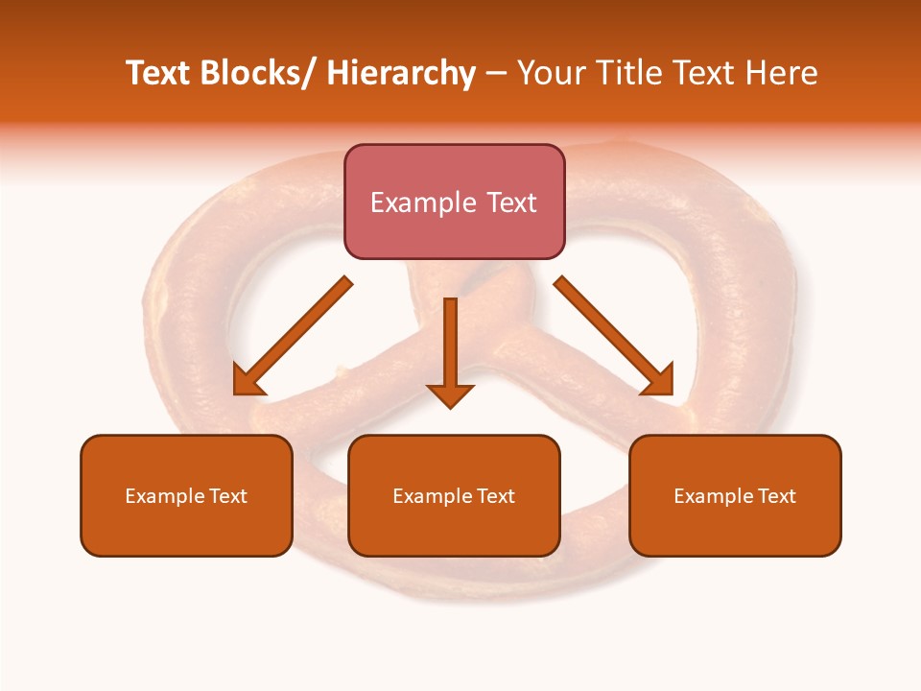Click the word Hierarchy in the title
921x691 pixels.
click(x=401, y=73)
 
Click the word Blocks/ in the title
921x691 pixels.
click(x=257, y=73)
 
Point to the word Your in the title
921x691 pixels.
click(x=552, y=73)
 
